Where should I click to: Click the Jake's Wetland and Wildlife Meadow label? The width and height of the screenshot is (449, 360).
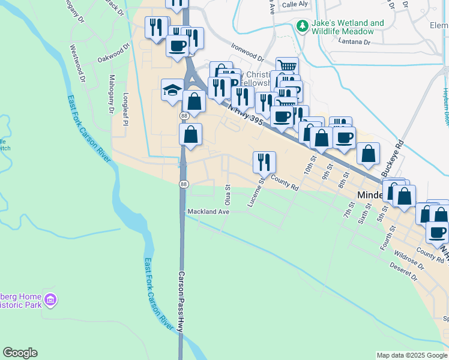[x=348, y=28]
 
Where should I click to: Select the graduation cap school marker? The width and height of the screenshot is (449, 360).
[x=172, y=91]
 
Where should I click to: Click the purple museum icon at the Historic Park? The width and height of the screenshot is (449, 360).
[x=50, y=298]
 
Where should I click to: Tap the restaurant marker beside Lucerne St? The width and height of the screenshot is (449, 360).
[x=264, y=161]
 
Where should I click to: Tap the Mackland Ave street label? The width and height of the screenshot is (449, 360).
[x=208, y=212]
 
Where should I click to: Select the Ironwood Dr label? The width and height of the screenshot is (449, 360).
[x=247, y=53]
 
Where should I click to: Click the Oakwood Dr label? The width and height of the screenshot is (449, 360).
[x=113, y=53]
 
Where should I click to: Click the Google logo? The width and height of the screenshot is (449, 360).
[x=20, y=353]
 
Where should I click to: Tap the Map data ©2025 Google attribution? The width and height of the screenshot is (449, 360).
[x=411, y=355]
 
